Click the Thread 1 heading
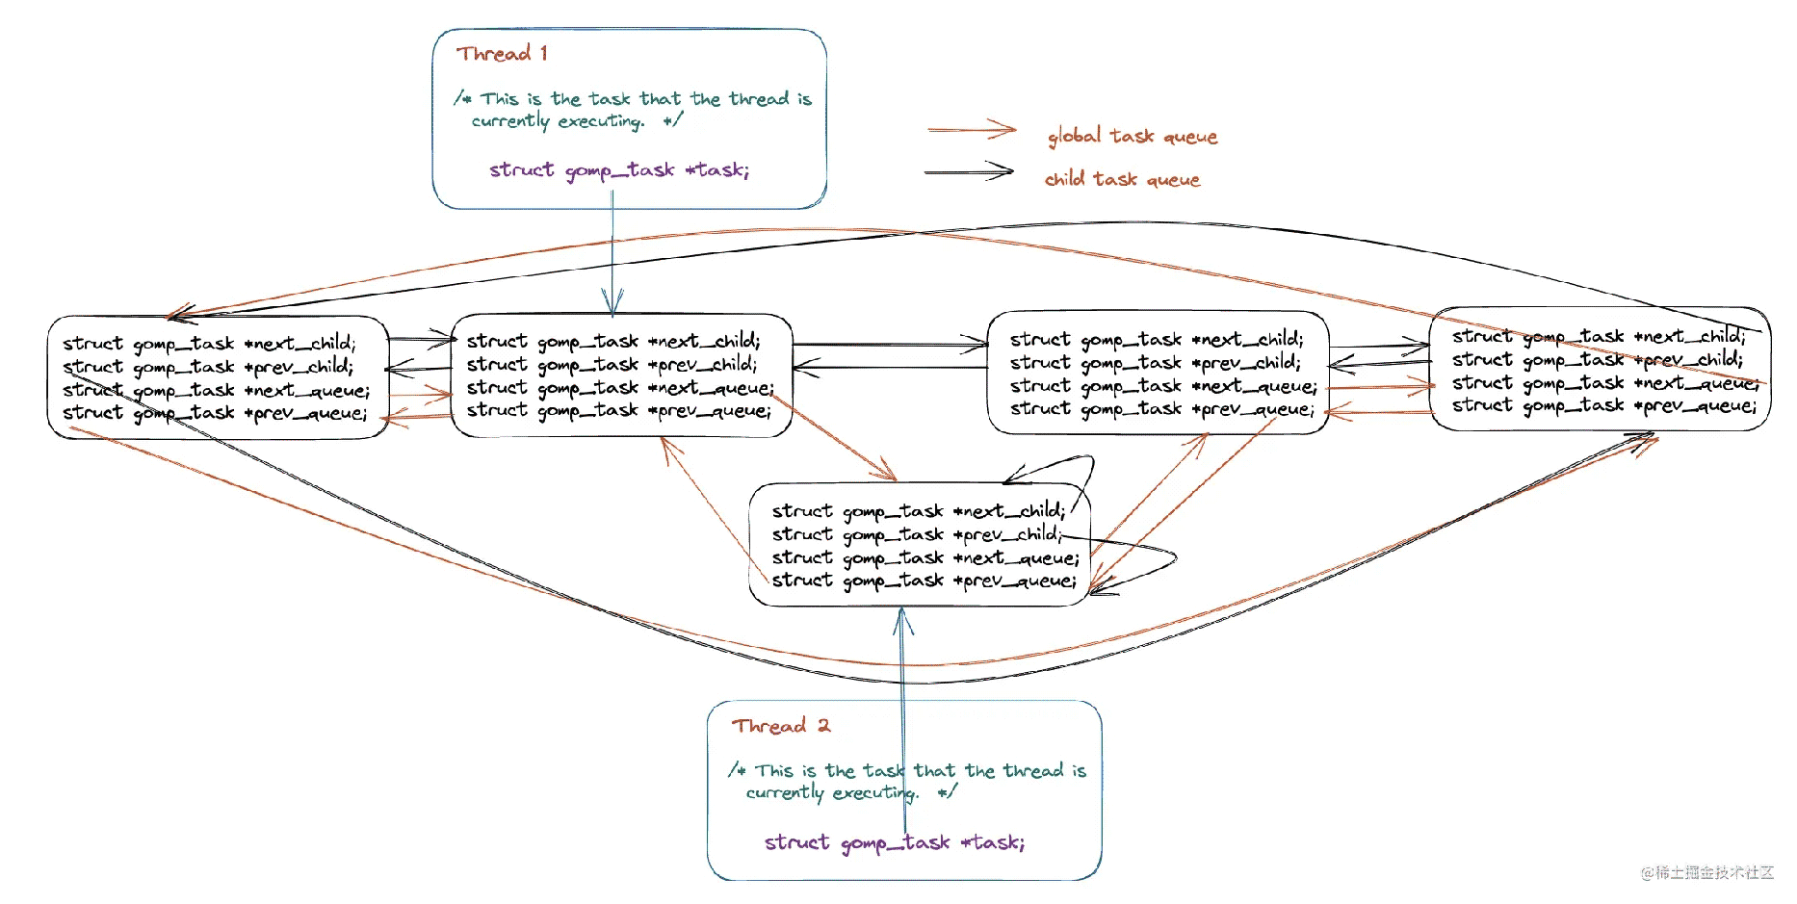pos(503,53)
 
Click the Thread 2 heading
pos(780,725)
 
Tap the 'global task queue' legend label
pos(1133,137)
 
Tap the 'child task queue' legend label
pos(1123,179)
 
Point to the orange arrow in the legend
pos(972,129)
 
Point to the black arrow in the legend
pos(969,171)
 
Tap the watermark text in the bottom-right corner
pos(1707,872)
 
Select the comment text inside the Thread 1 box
pos(633,110)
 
